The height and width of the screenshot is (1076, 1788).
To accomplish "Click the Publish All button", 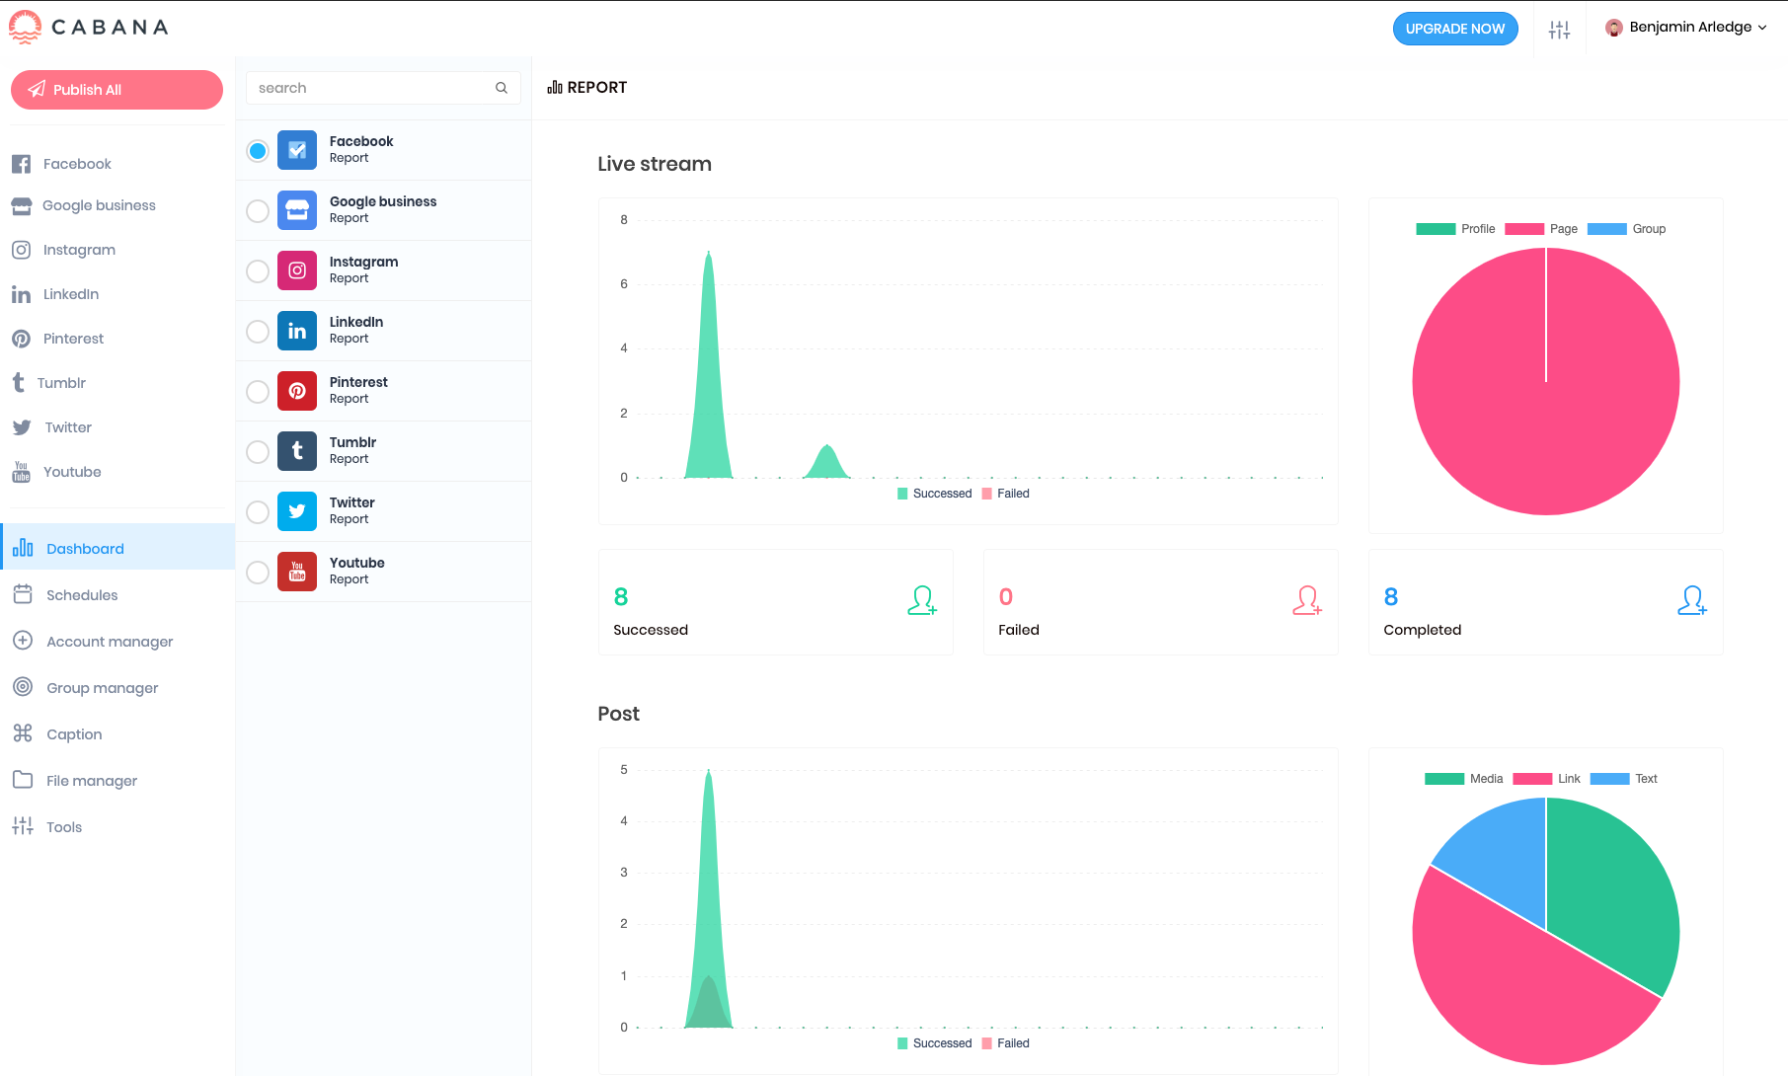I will pyautogui.click(x=117, y=90).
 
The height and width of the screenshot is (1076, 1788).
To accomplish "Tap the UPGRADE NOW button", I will pyautogui.click(x=1454, y=29).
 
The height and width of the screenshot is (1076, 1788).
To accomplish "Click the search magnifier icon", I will pyautogui.click(x=502, y=88).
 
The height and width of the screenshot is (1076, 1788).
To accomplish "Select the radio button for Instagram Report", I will pyautogui.click(x=258, y=271).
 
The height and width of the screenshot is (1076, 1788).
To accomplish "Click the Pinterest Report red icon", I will pyautogui.click(x=297, y=391).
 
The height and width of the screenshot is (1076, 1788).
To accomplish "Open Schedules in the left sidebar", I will pyautogui.click(x=82, y=595).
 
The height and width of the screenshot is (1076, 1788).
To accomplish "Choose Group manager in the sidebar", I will pyautogui.click(x=102, y=688).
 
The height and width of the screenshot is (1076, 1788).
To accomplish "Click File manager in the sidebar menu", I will pyautogui.click(x=91, y=781).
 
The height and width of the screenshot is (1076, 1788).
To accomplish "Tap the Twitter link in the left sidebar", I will pyautogui.click(x=67, y=427).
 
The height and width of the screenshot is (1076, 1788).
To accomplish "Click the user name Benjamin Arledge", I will pyautogui.click(x=1689, y=28).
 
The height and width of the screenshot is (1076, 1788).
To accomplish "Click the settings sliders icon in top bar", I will pyautogui.click(x=1559, y=30).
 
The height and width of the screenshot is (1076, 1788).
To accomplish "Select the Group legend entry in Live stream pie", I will pyautogui.click(x=1648, y=229).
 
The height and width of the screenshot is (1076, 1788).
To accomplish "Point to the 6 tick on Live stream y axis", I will pyautogui.click(x=624, y=284).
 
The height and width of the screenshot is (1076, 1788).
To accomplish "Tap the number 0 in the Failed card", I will pyautogui.click(x=1006, y=597).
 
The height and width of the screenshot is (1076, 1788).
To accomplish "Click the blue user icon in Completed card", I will pyautogui.click(x=1691, y=600).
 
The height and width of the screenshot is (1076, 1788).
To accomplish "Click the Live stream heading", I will pyautogui.click(x=655, y=164).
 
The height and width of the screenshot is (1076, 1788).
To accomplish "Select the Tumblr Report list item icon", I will pyautogui.click(x=297, y=451).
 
